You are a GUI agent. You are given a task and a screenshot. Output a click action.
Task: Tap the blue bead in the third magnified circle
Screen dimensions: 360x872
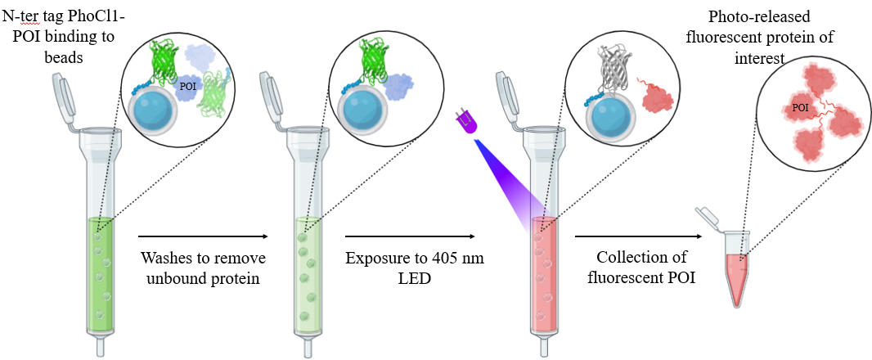[x=605, y=106]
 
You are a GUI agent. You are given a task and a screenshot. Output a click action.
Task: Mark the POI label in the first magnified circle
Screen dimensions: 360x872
[x=187, y=83]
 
